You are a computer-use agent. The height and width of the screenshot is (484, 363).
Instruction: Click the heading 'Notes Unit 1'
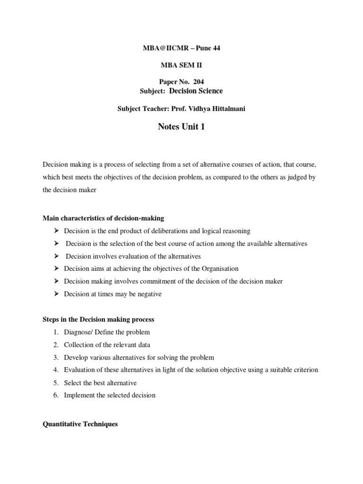pyautogui.click(x=181, y=127)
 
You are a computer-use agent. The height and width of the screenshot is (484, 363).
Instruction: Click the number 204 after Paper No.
pyautogui.click(x=198, y=82)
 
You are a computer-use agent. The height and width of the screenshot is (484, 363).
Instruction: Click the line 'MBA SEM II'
pyautogui.click(x=181, y=65)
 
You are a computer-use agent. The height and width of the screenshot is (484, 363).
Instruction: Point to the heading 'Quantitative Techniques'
pyautogui.click(x=80, y=424)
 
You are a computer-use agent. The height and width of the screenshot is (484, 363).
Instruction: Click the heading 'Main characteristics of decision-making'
pyautogui.click(x=103, y=218)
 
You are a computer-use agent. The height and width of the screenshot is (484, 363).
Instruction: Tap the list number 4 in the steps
pyautogui.click(x=56, y=370)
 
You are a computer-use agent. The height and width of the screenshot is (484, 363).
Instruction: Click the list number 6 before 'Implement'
pyautogui.click(x=56, y=395)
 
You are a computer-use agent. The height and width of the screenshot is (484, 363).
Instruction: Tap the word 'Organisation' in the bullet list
pyautogui.click(x=219, y=268)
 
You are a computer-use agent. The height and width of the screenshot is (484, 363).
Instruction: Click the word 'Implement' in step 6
pyautogui.click(x=79, y=395)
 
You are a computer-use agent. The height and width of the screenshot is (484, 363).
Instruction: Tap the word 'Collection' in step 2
pyautogui.click(x=78, y=345)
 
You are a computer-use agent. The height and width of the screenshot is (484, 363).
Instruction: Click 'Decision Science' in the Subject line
pyautogui.click(x=192, y=91)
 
